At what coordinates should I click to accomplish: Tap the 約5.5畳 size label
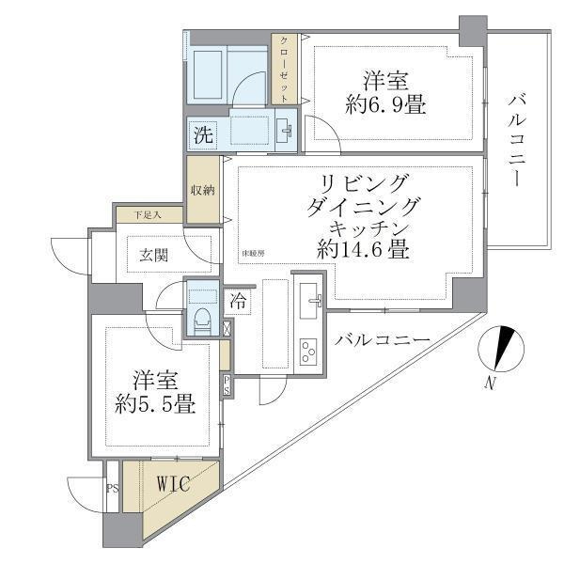pyautogui.click(x=156, y=406)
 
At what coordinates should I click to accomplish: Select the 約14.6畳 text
pyautogui.click(x=362, y=251)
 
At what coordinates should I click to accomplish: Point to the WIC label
pyautogui.click(x=173, y=485)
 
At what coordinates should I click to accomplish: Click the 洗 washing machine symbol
pyautogui.click(x=203, y=133)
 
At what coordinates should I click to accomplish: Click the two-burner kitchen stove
pyautogui.click(x=309, y=352)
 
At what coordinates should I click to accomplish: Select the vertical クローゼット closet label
pyautogui.click(x=285, y=70)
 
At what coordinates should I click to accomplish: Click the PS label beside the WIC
pyautogui.click(x=113, y=488)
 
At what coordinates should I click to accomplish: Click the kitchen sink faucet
pyautogui.click(x=314, y=301)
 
